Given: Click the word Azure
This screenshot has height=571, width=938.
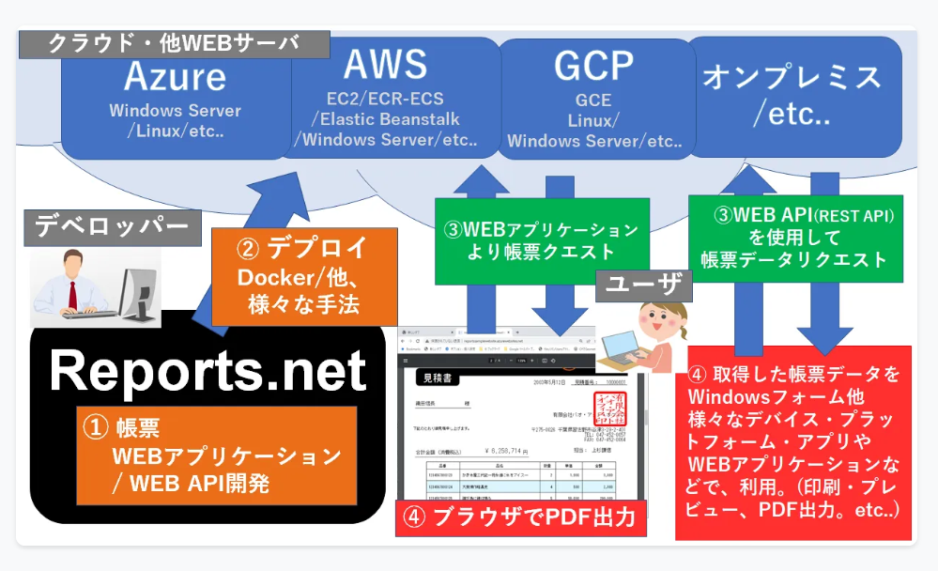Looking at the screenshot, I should click(175, 75).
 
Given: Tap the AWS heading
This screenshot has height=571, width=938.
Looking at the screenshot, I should click(385, 65).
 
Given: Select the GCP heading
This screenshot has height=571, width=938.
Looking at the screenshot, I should click(593, 68).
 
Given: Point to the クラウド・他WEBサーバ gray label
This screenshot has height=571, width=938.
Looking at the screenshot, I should click(175, 43).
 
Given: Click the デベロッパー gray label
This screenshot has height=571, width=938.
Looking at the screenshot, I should click(113, 226).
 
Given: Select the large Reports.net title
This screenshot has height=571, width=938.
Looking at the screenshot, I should click(207, 369).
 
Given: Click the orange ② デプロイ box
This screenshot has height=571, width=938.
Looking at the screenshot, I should click(299, 276).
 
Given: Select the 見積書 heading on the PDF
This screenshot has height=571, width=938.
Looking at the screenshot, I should click(435, 378).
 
